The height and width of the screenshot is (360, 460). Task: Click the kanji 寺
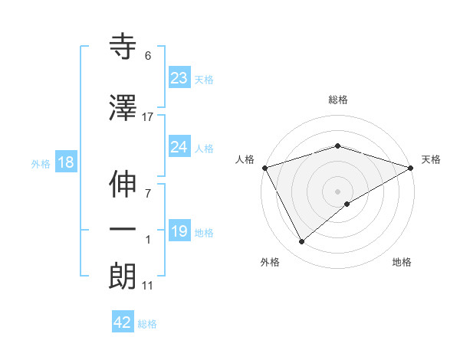[123, 47]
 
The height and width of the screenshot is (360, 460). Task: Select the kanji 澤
[123, 108]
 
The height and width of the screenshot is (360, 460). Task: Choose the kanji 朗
[123, 277]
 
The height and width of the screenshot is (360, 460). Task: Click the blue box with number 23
[179, 78]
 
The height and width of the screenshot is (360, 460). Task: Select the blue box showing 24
[179, 147]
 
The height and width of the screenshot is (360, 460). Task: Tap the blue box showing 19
[179, 231]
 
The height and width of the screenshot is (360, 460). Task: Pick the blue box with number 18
[65, 162]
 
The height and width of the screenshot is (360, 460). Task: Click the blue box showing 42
[123, 322]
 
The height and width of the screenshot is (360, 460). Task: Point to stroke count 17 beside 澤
[148, 116]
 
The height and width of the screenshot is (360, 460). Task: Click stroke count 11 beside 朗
[148, 286]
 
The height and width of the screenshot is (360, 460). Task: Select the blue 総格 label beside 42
[148, 324]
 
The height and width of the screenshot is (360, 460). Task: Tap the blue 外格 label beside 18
[41, 163]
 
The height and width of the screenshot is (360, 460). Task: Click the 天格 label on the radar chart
[432, 159]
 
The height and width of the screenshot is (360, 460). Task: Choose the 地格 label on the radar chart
[402, 262]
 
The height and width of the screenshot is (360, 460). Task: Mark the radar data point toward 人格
[264, 168]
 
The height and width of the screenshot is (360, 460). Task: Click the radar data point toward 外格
[301, 242]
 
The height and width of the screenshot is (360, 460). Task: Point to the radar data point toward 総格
[337, 146]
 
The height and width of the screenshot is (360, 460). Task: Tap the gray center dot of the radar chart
[337, 191]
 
